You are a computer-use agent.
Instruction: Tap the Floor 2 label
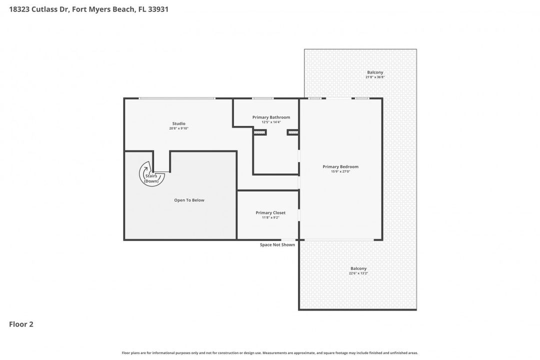pyautogui.click(x=21, y=324)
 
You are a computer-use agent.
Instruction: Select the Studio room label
pyautogui.click(x=178, y=123)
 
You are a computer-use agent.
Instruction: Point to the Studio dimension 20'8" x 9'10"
pyautogui.click(x=178, y=128)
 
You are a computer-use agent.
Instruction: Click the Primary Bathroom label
pyautogui.click(x=271, y=117)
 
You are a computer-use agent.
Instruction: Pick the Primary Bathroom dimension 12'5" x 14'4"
pyautogui.click(x=271, y=122)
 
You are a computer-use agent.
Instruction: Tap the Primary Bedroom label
pyautogui.click(x=340, y=166)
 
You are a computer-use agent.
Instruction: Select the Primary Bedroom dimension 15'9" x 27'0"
pyautogui.click(x=340, y=171)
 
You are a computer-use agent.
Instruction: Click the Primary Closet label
pyautogui.click(x=270, y=212)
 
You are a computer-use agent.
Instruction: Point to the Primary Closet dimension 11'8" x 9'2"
pyautogui.click(x=270, y=217)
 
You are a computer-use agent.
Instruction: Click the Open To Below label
pyautogui.click(x=189, y=200)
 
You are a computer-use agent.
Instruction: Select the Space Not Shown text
pyautogui.click(x=277, y=244)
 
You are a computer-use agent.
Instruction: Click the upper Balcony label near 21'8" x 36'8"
pyautogui.click(x=375, y=72)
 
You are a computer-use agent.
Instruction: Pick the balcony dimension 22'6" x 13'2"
pyautogui.click(x=358, y=273)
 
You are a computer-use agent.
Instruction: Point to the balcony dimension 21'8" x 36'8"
pyautogui.click(x=375, y=77)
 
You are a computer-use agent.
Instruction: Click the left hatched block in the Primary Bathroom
pyautogui.click(x=259, y=132)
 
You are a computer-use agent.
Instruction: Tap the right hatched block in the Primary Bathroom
pyautogui.click(x=293, y=132)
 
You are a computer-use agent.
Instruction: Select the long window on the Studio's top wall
pyautogui.click(x=177, y=98)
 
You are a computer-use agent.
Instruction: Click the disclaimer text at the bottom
pyautogui.click(x=270, y=352)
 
